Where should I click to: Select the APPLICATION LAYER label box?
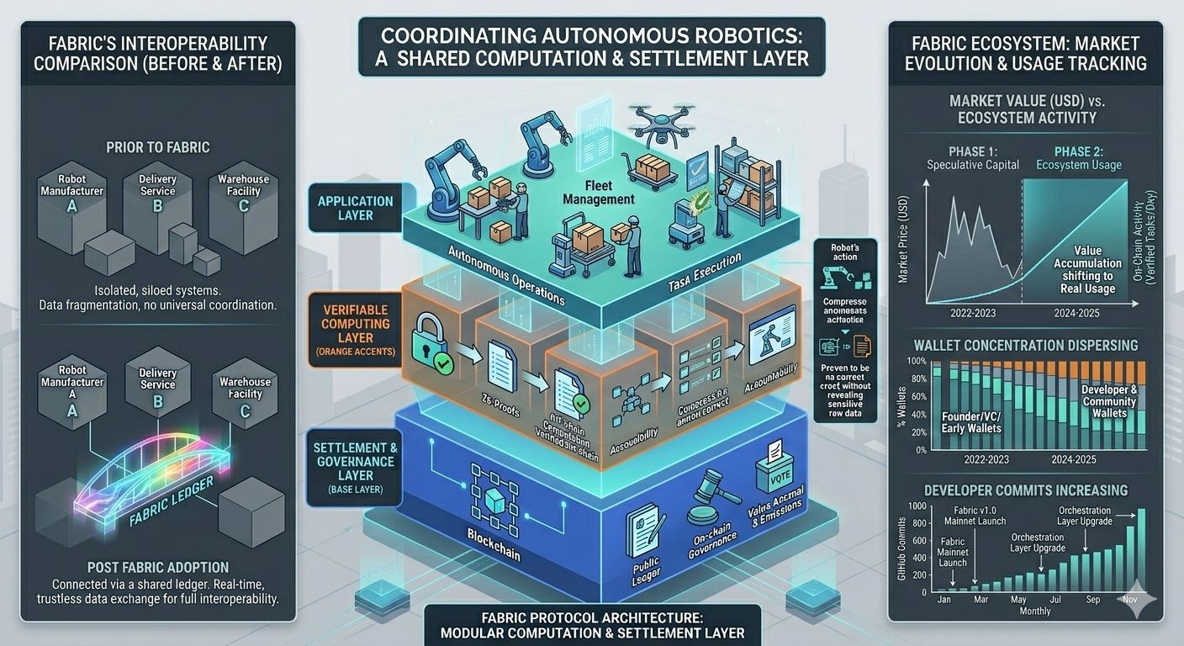(355, 208)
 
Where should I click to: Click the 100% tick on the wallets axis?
(917, 362)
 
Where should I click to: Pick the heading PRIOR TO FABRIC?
(158, 147)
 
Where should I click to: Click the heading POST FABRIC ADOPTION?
(157, 567)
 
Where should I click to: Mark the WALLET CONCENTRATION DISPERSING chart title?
(1024, 345)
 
